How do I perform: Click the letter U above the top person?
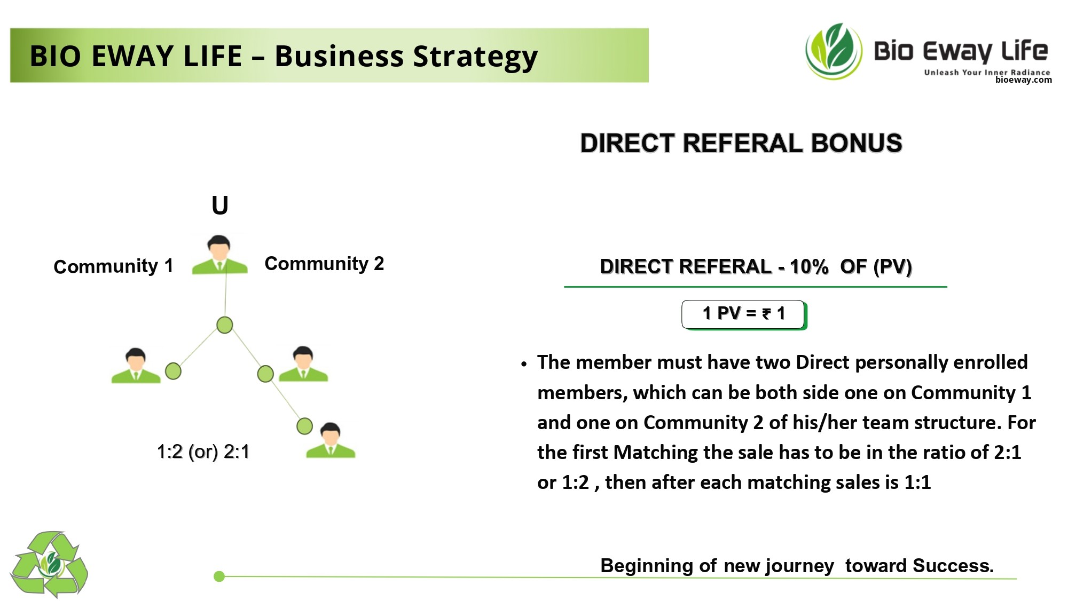(220, 205)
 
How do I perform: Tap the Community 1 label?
(113, 266)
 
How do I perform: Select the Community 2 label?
(324, 264)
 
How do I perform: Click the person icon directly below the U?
(219, 255)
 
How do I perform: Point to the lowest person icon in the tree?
(331, 440)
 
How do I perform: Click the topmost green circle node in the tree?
(225, 325)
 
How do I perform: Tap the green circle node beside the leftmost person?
(173, 371)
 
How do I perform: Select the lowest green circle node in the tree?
(304, 426)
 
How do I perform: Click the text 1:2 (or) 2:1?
(203, 452)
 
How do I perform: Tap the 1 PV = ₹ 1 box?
(744, 315)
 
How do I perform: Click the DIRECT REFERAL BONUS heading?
(741, 144)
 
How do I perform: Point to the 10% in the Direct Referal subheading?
(809, 266)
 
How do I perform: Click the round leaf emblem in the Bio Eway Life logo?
(834, 51)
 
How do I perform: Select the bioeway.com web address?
(1024, 80)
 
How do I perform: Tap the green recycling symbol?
(49, 565)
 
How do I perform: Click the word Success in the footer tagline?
(953, 566)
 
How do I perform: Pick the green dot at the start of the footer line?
(219, 576)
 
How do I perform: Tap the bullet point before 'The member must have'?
(524, 364)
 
